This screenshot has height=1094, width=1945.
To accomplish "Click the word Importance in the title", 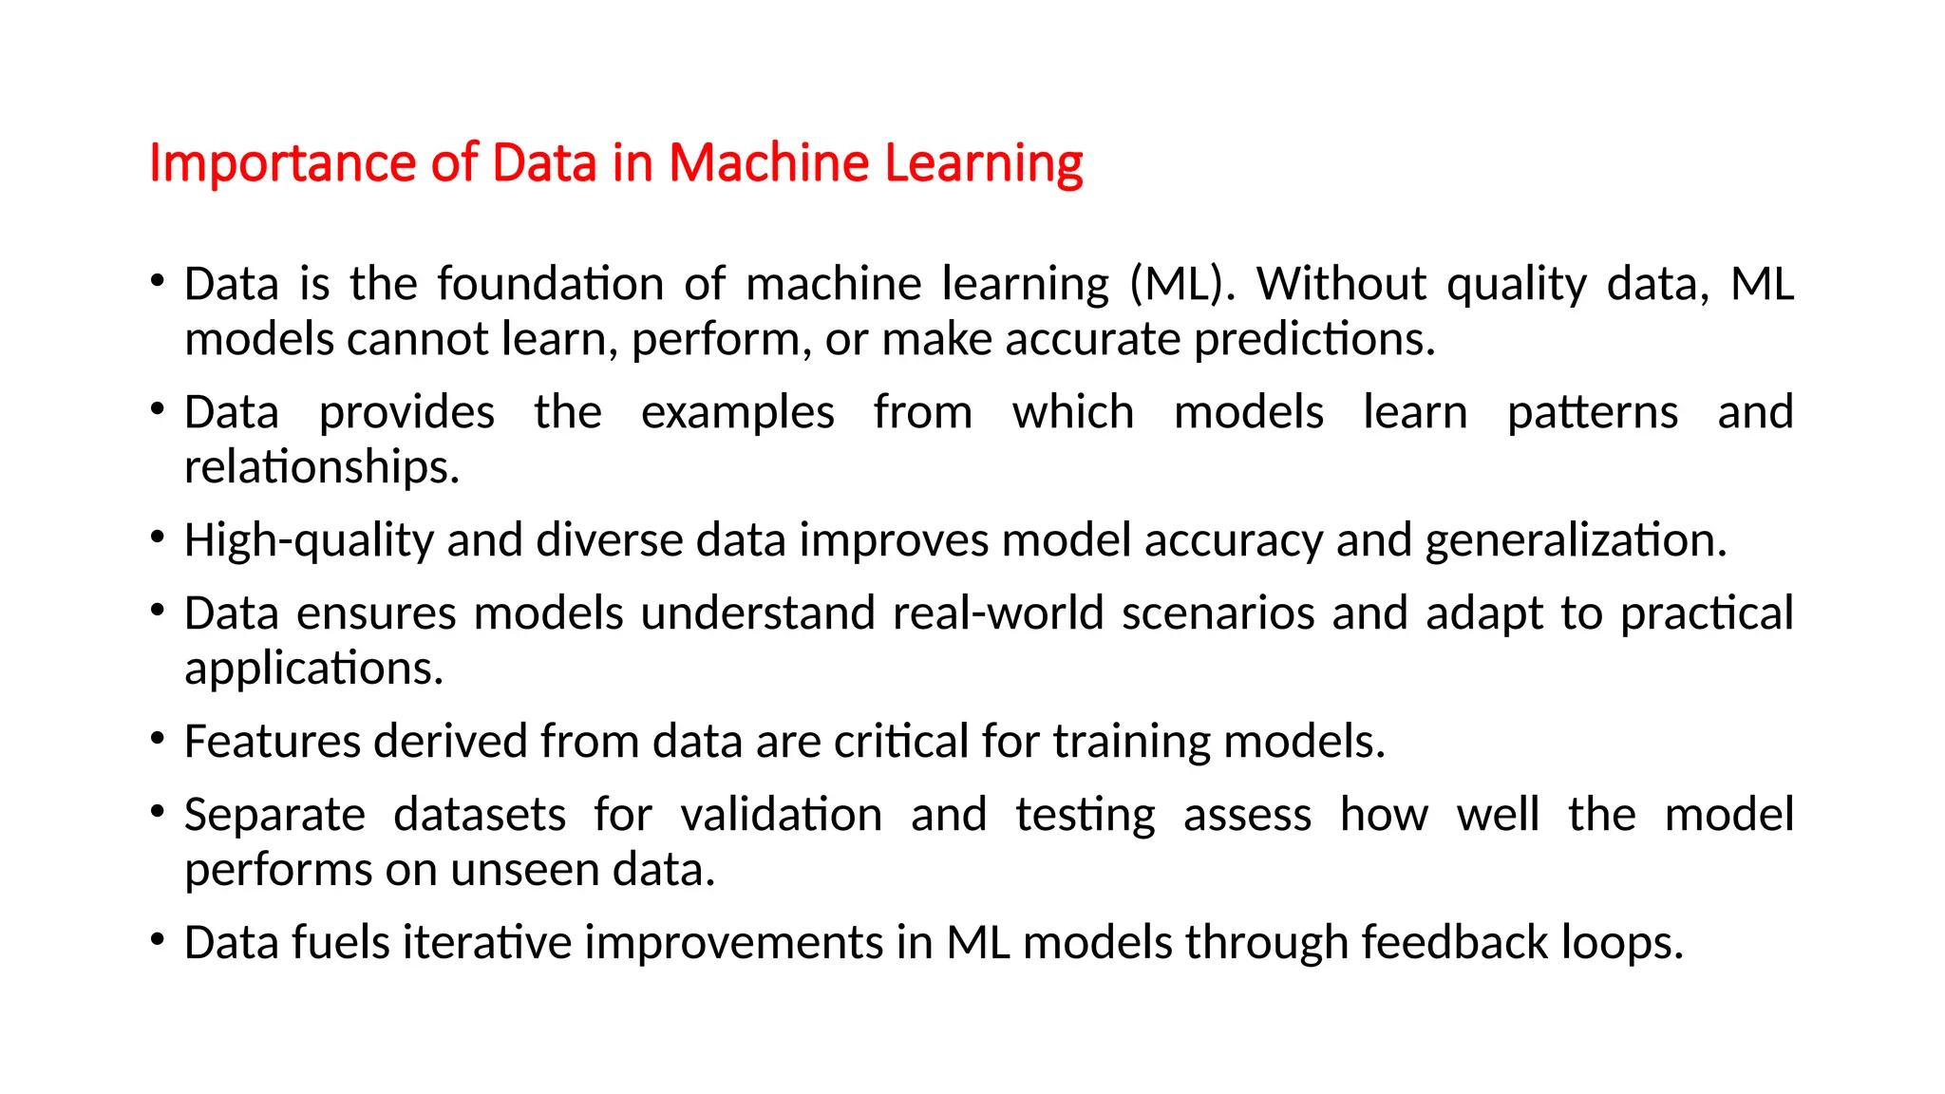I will point(283,163).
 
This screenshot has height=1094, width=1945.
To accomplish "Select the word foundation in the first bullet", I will point(550,284).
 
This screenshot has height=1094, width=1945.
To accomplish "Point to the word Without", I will point(1341,284).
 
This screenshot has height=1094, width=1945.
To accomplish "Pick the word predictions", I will point(1314,339).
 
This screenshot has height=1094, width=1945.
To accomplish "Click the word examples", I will point(738,412).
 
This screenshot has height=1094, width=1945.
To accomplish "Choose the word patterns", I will point(1593,412).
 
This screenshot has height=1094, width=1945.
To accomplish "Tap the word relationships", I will point(322,467).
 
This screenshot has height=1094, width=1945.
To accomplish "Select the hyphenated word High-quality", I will point(309,540).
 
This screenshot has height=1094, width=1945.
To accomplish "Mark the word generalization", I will point(1576,540).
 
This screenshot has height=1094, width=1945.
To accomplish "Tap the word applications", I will point(313,669).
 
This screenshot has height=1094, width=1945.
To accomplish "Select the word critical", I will point(901,742).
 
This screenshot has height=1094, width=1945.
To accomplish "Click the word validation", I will point(782,815).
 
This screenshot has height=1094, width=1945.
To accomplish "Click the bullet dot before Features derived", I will point(158,738).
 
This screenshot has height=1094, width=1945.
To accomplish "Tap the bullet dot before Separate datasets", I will point(158,811).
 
